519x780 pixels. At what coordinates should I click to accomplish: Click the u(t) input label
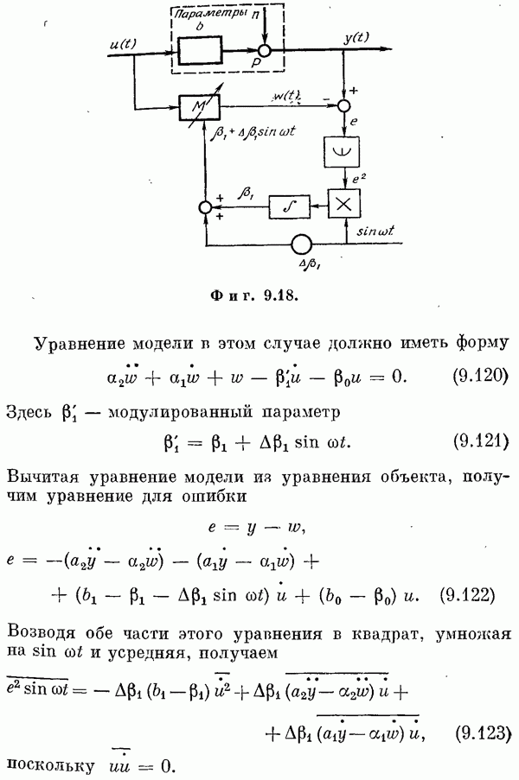[x=122, y=44]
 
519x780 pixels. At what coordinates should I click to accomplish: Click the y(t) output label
[x=356, y=38]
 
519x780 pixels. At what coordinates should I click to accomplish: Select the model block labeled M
[x=199, y=106]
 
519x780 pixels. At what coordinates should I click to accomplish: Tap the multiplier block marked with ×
[x=343, y=204]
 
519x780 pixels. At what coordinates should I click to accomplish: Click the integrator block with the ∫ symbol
[x=290, y=206]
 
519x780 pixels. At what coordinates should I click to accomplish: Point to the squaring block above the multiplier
[x=341, y=150]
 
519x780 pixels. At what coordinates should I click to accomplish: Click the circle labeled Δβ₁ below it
[x=301, y=244]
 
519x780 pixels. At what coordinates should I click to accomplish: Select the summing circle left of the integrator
[x=205, y=207]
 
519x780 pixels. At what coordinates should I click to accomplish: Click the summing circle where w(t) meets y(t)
[x=344, y=105]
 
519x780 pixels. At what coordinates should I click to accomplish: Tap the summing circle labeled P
[x=265, y=50]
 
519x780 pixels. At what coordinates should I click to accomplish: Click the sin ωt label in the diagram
[x=376, y=231]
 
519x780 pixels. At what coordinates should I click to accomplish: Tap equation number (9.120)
[x=480, y=376]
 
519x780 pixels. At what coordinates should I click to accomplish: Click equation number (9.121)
[x=480, y=441]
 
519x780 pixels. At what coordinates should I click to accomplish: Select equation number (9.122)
[x=468, y=594]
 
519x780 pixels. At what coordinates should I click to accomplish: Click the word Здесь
[x=29, y=413]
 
